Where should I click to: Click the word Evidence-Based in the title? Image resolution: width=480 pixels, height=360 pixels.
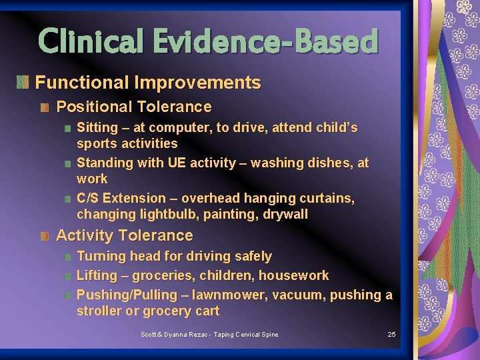265,41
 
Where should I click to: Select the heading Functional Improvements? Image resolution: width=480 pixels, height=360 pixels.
147,83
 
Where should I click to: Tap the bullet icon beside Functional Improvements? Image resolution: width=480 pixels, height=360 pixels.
23,83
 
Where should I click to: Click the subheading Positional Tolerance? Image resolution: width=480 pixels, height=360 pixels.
133,107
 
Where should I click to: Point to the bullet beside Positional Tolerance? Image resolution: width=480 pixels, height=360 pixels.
45,107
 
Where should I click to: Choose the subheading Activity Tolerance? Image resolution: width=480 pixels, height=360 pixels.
124,235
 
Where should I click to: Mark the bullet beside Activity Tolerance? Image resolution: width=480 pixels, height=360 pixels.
45,236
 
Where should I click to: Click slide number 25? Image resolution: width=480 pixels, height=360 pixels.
392,334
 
